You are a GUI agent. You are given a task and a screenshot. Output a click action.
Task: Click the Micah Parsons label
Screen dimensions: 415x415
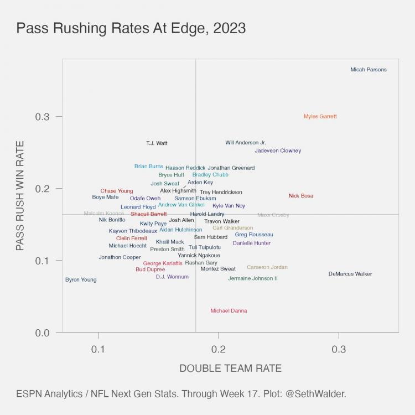click(x=369, y=70)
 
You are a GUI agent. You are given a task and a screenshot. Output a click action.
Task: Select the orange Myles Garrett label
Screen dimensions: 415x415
click(x=320, y=116)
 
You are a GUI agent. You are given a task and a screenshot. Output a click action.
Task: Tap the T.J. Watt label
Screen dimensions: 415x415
click(x=157, y=143)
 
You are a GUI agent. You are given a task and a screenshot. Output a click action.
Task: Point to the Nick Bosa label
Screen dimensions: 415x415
click(x=301, y=196)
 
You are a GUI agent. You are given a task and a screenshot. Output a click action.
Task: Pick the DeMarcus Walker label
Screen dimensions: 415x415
click(x=350, y=274)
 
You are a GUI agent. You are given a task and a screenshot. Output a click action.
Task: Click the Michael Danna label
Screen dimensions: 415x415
click(x=229, y=311)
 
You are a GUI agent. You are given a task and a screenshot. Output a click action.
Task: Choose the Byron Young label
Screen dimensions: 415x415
click(x=81, y=280)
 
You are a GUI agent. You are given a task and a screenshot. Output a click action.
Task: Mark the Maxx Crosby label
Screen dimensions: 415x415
click(x=273, y=215)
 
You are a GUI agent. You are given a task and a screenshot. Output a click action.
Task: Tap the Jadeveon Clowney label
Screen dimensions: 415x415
click(x=278, y=151)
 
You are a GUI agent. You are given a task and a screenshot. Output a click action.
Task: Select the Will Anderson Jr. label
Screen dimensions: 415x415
click(x=246, y=143)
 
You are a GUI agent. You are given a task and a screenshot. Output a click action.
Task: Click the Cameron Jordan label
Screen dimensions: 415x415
click(x=267, y=267)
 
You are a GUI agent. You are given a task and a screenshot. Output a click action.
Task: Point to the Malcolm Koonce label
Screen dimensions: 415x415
click(x=104, y=213)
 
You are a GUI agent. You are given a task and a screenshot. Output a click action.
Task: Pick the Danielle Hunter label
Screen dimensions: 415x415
click(x=252, y=243)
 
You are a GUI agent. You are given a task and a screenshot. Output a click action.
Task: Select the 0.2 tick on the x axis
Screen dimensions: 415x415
click(x=219, y=350)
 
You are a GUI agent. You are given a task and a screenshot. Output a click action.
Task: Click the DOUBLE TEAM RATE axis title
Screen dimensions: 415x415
click(x=231, y=369)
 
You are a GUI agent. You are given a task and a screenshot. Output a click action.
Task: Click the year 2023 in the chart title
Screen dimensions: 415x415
click(x=228, y=28)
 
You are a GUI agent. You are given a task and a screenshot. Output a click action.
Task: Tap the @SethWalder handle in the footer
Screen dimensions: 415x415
click(x=317, y=394)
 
